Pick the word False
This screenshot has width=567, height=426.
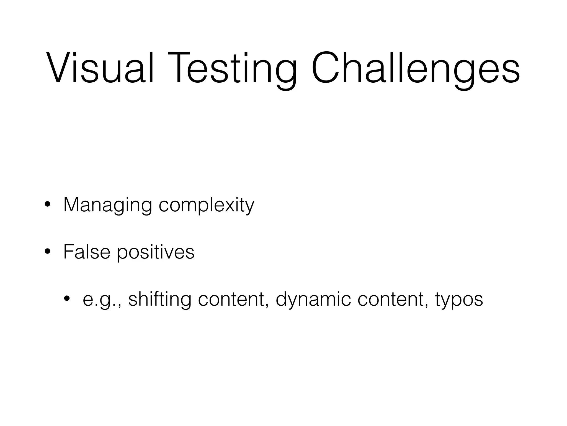[87, 252]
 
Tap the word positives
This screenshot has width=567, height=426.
[156, 252]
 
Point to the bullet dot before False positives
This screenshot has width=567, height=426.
[48, 252]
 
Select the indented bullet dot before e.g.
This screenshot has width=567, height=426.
[67, 299]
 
